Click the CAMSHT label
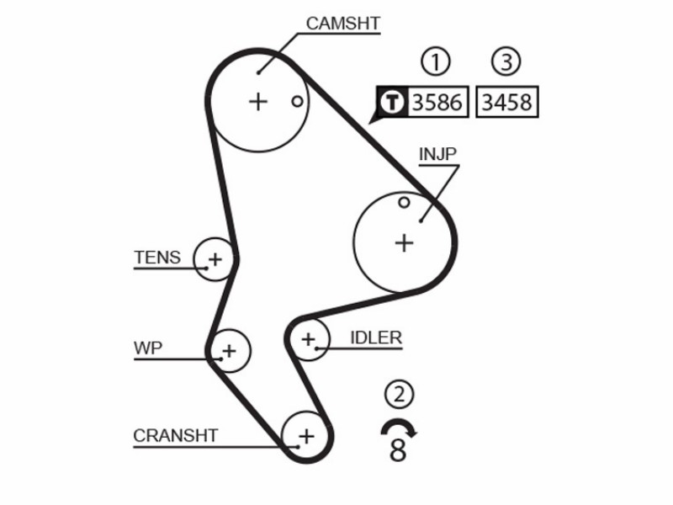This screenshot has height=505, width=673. click(343, 24)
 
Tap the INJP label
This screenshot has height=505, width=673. click(437, 154)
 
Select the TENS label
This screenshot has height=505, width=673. click(157, 258)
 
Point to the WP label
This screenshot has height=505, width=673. click(148, 348)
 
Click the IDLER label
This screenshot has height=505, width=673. click(376, 338)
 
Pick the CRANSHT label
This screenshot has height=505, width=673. click(176, 435)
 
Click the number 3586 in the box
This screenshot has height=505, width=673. click(437, 102)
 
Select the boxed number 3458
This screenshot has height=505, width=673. click(507, 102)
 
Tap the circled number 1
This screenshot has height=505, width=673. click(435, 61)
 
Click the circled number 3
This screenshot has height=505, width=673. click(506, 61)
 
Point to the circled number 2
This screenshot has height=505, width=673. click(399, 394)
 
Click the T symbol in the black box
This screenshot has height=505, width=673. click(392, 102)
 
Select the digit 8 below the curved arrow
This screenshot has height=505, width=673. click(398, 449)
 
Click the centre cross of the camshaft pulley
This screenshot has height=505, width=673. click(258, 102)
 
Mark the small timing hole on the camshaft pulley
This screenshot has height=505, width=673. click(297, 102)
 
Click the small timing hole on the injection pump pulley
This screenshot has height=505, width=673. click(404, 202)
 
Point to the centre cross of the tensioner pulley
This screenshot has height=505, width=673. click(215, 259)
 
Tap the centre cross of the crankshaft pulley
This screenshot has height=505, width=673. click(306, 437)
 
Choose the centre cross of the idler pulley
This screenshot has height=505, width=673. click(308, 339)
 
